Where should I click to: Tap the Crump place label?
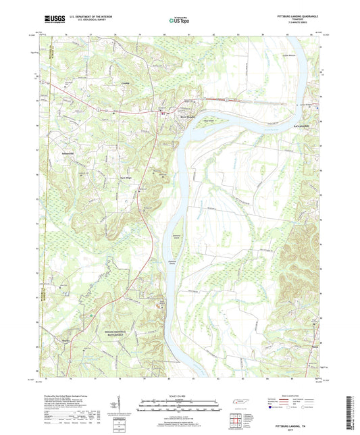point(124,84)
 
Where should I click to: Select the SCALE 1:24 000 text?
point(180,394)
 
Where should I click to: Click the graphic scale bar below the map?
point(180,404)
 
